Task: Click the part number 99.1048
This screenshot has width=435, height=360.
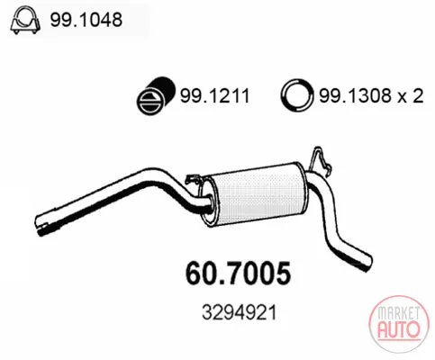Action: (86, 20)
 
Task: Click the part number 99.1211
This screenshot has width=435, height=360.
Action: (214, 96)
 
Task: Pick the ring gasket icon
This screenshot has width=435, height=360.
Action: (297, 95)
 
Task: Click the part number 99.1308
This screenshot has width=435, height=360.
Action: (355, 96)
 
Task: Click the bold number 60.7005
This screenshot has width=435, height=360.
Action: (239, 274)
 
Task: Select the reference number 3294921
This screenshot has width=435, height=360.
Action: (240, 312)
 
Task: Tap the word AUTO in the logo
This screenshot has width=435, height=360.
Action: (399, 329)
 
